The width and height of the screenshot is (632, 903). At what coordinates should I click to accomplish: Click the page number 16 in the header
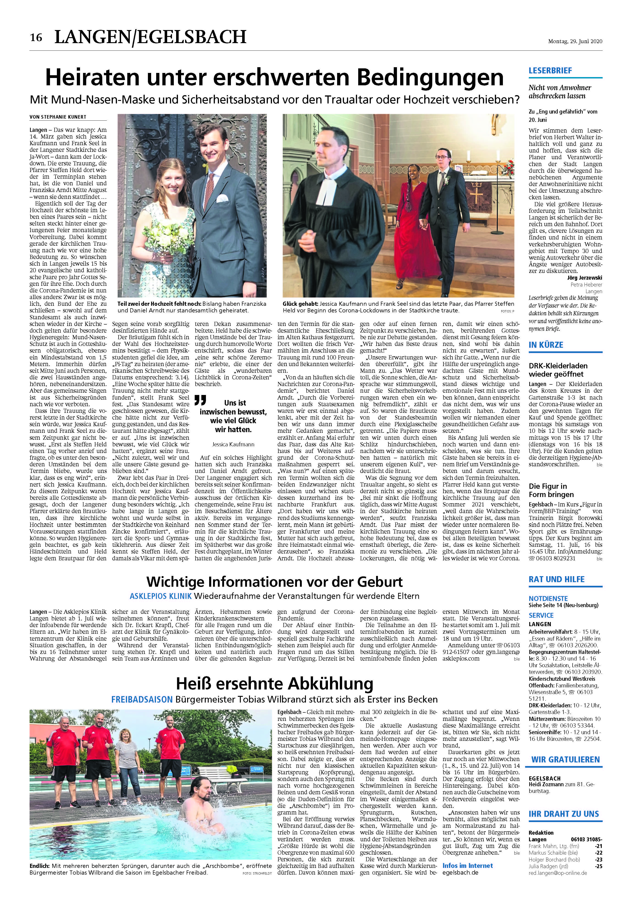click(36, 38)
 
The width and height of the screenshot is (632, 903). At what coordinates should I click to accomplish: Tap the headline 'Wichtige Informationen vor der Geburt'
click(274, 581)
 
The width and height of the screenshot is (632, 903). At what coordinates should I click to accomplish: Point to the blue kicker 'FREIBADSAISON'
click(141, 700)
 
